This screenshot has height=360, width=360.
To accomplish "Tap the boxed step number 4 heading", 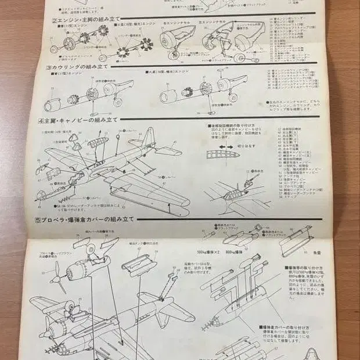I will (42, 120).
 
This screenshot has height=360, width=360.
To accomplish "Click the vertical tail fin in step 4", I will (150, 139).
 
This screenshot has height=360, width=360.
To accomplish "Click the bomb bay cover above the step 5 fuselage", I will (139, 267).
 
